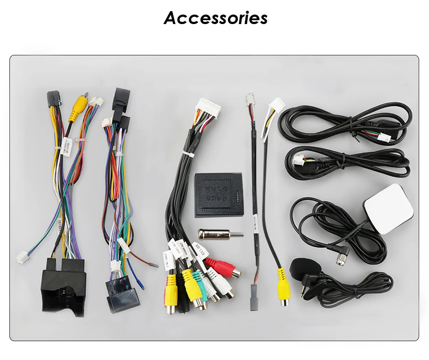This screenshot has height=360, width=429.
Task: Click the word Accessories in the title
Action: pos(215,18)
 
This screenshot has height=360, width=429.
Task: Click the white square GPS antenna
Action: pos(388,203)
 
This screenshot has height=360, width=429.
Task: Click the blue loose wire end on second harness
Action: pos(142,285)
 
